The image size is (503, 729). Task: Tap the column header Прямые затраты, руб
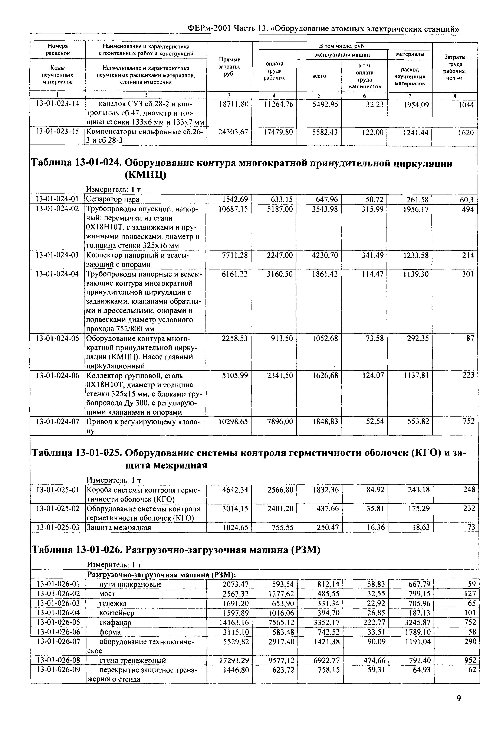click(229, 67)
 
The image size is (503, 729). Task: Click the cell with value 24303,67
click(233, 132)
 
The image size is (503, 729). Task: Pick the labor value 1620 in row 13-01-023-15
click(466, 132)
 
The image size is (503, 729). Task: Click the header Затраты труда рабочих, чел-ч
click(454, 67)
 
